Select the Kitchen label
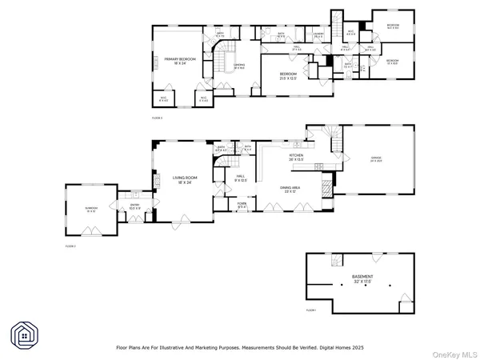tap(298, 158)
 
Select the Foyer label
tap(242, 206)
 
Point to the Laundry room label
tap(318, 35)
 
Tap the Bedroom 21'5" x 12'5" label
tap(288, 77)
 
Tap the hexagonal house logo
tap(23, 334)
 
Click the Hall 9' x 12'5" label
tap(241, 179)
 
